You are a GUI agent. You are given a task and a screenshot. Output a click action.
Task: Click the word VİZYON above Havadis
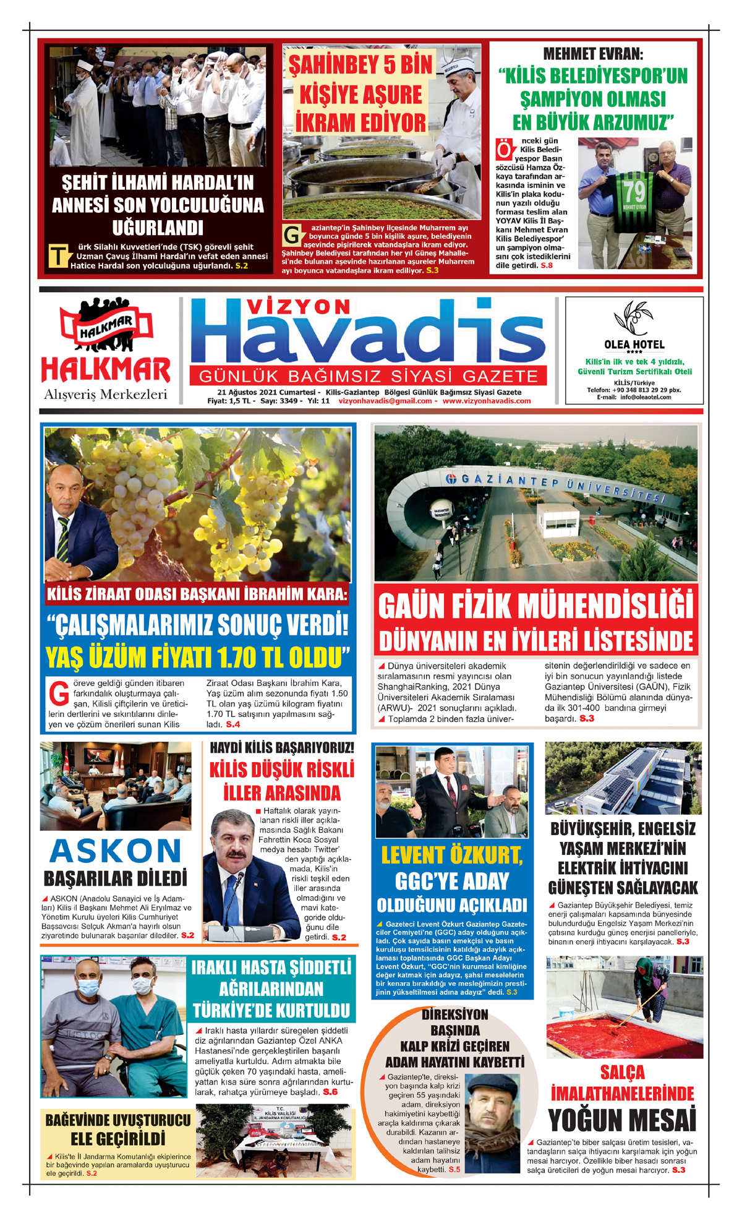tap(298, 307)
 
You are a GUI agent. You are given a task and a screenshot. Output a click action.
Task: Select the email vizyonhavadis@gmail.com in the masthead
tap(385, 401)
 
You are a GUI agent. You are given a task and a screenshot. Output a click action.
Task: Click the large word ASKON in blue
tap(116, 851)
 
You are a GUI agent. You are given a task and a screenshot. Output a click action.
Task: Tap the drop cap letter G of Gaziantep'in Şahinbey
tap(292, 236)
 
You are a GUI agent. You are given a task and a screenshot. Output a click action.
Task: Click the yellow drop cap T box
tap(58, 255)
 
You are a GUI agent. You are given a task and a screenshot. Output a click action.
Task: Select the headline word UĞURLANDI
tap(158, 228)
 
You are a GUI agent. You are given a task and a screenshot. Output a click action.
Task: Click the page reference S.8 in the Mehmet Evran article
tap(547, 265)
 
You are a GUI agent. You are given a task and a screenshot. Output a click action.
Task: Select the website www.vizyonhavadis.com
tap(487, 401)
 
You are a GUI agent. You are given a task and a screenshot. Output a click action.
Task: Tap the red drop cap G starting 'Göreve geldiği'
tap(58, 693)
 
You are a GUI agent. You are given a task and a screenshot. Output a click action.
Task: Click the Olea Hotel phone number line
tap(634, 390)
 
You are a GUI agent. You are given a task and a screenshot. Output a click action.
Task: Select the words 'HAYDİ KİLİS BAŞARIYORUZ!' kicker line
tap(282, 748)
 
